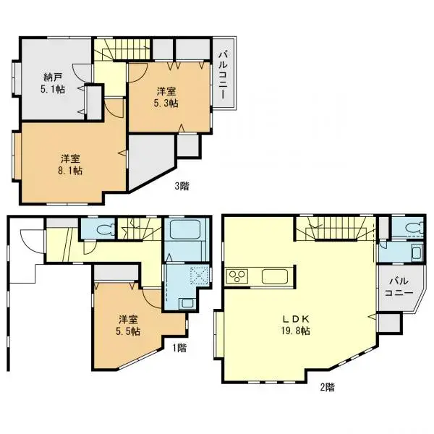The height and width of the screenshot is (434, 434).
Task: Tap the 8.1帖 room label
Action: pyautogui.click(x=70, y=164)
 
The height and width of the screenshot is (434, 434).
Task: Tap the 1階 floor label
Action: pyautogui.click(x=181, y=347)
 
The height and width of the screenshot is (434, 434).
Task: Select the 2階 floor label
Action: pyautogui.click(x=328, y=387)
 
